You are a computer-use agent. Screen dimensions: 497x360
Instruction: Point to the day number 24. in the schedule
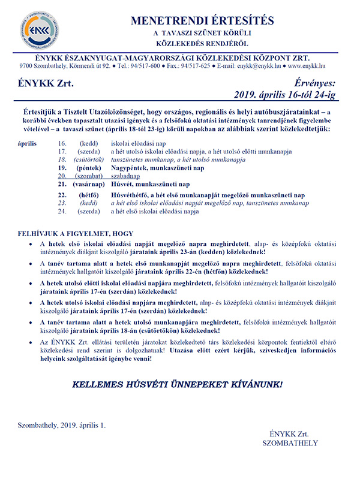pos(62,212)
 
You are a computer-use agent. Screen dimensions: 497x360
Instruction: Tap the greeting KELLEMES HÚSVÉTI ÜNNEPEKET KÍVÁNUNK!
pos(174,382)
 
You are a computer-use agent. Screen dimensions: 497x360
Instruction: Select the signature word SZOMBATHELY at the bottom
pos(290,443)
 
